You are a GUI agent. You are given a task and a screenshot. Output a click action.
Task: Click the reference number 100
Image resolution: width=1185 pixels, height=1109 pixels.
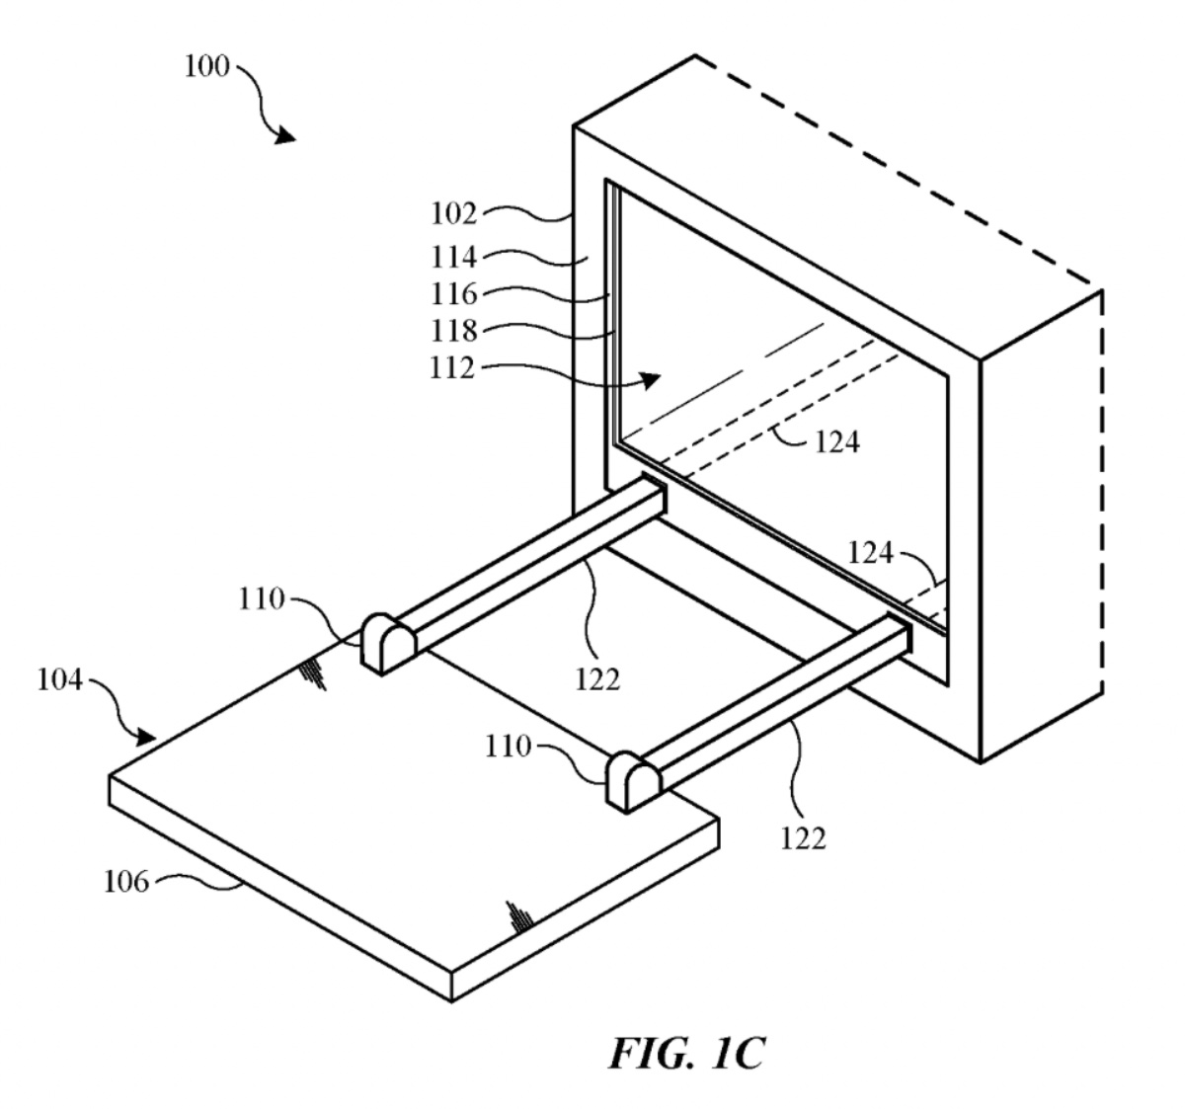point(206,68)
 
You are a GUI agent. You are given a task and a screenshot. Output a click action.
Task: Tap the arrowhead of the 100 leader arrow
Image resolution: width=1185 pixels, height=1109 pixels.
point(285,135)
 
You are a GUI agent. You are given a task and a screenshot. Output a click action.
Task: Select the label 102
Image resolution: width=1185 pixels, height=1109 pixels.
point(454,213)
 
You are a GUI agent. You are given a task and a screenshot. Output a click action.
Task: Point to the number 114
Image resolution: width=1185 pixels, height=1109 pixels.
point(454,257)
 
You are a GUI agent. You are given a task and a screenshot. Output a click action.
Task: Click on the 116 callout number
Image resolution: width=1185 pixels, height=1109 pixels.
point(454,293)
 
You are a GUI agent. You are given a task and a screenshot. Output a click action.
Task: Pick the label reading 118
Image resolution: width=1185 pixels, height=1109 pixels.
point(454,330)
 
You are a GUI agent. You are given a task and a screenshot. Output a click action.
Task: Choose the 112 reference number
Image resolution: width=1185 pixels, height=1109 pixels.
point(454,367)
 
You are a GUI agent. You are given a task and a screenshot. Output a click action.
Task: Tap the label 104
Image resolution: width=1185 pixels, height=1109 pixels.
point(60,680)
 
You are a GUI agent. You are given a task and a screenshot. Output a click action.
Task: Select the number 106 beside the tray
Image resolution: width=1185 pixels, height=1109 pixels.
point(126,881)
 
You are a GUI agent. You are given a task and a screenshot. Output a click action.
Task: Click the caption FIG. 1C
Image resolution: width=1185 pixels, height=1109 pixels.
point(685,1054)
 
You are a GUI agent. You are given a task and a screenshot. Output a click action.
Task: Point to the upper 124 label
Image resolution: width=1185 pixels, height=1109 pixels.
point(836,441)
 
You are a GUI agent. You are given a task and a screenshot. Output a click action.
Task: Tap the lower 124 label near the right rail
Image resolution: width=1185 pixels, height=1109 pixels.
point(870,553)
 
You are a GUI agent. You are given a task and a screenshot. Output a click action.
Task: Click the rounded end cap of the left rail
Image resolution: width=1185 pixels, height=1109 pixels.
point(386,642)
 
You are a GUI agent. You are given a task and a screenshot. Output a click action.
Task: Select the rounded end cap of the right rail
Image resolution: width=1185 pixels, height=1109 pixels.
point(633,780)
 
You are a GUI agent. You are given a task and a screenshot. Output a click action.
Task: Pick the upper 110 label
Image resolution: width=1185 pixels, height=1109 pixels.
point(261,598)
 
